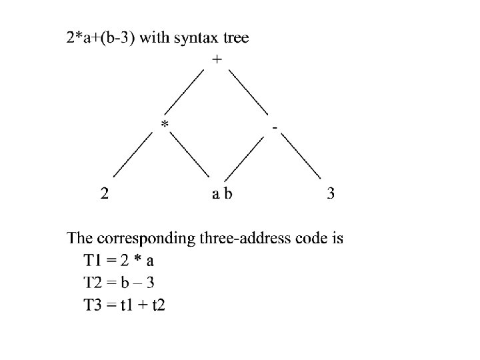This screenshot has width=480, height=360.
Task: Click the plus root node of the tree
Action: [217, 59]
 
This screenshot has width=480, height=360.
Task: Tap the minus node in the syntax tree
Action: [275, 126]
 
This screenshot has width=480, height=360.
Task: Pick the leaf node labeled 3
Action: [331, 195]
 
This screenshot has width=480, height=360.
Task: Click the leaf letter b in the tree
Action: [229, 195]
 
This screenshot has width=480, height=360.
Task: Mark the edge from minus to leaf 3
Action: [301, 156]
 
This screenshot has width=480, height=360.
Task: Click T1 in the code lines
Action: [93, 260]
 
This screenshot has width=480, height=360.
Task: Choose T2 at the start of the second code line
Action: [93, 283]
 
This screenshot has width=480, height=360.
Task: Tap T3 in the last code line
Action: [93, 305]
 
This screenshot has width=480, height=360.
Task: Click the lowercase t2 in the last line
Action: [158, 305]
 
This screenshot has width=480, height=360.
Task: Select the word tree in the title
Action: [236, 38]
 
